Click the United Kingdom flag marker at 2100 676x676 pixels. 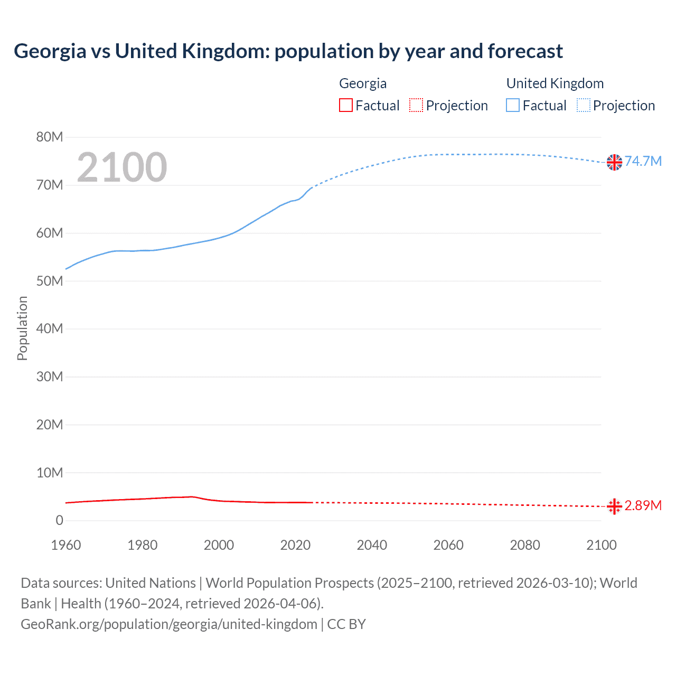614,162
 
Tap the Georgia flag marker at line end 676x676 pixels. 614,506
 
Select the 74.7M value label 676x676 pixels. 643,161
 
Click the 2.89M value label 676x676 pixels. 643,505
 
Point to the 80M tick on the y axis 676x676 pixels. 50,137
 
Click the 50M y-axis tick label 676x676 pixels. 50,281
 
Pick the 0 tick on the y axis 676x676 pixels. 59,521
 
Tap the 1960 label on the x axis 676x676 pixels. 66,545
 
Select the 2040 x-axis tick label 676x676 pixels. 372,545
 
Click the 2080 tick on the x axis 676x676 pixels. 525,545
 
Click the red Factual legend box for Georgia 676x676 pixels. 346,106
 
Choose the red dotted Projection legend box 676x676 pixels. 416,106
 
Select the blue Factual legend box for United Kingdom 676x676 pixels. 513,106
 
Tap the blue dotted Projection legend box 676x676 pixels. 584,106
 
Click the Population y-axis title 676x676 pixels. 22,328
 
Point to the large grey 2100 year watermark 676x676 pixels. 122,167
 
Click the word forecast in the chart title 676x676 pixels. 525,51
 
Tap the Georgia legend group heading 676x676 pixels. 363,83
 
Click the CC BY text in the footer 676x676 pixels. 346,624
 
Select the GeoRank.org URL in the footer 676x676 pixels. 169,624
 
